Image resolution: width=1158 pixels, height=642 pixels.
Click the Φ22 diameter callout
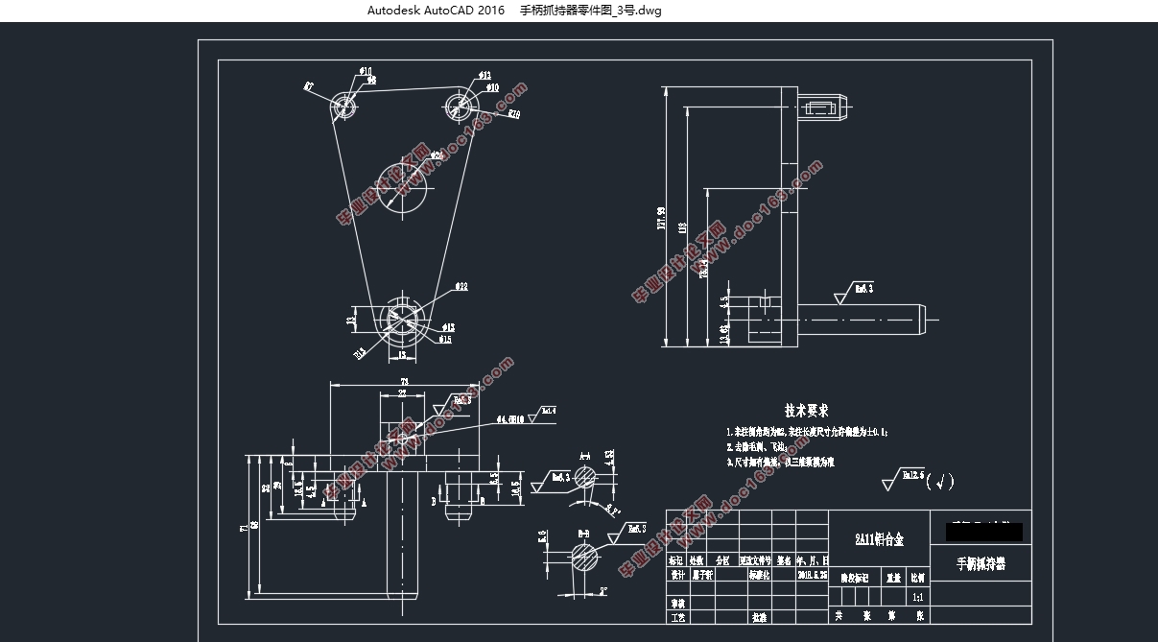(461, 286)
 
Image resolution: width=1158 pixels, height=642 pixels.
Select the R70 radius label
(514, 115)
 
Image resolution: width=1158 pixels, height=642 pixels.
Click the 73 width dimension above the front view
(405, 382)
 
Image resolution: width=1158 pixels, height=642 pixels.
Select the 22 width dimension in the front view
(402, 394)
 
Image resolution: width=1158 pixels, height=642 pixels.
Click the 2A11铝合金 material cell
(879, 540)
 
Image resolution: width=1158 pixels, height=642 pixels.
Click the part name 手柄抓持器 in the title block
(981, 563)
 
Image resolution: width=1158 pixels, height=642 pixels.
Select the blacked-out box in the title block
(983, 531)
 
